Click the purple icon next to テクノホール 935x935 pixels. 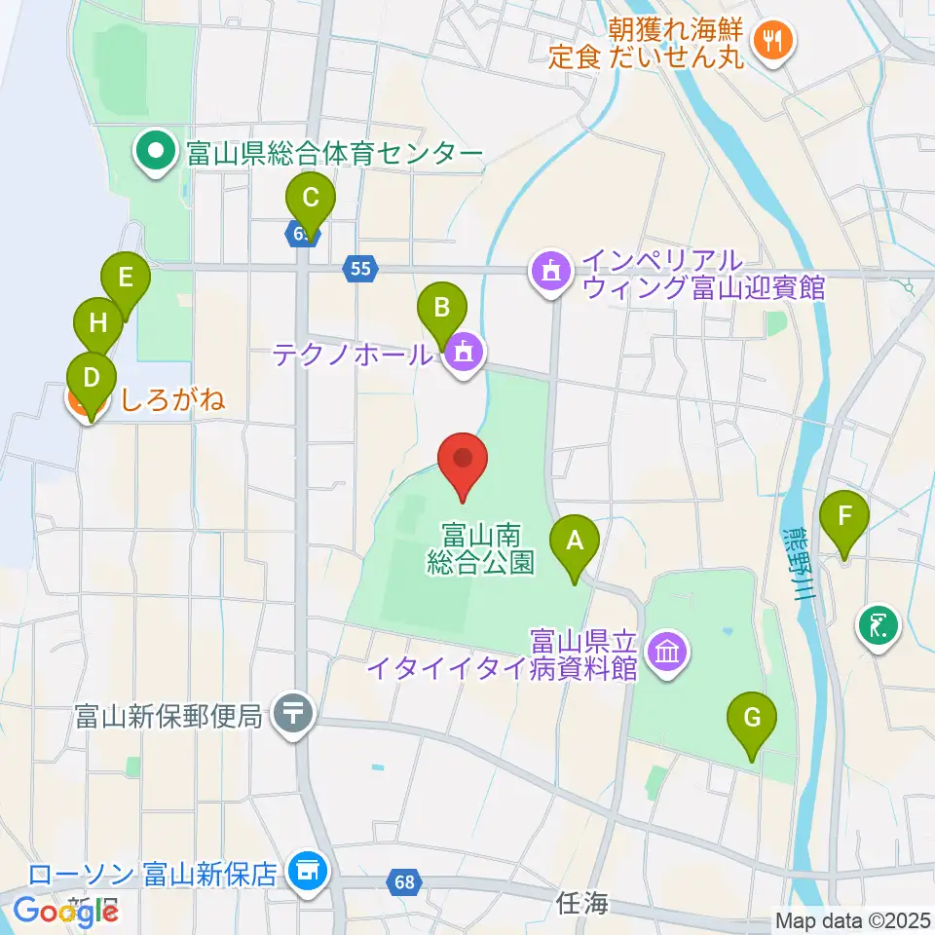pos(463,353)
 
